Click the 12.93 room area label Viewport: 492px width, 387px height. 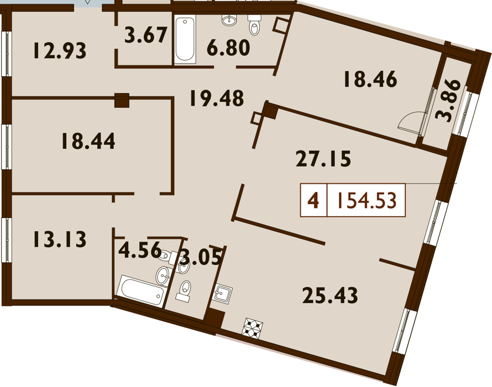coord(60,51)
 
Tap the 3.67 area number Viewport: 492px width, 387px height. coord(145,35)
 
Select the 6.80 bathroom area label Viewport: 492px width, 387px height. coord(228,48)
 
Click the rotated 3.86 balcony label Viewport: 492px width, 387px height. coord(448,101)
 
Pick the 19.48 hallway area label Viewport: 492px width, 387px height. coord(217,98)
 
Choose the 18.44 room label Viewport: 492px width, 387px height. coord(88,141)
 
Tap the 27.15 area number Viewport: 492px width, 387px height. coord(323,159)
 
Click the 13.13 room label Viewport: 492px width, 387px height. coord(60,239)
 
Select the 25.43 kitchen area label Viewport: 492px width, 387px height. coord(330,295)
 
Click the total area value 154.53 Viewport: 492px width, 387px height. coord(367,201)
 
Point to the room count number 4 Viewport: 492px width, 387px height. coord(313,201)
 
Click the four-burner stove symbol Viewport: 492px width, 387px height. coord(252,328)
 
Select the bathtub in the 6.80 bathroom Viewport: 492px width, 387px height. coord(185,39)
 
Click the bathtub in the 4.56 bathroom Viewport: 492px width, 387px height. coord(142,291)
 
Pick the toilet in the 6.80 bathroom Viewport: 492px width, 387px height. coord(254,24)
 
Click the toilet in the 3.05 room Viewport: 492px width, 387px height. coord(184,291)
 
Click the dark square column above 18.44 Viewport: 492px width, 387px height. coord(122,101)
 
